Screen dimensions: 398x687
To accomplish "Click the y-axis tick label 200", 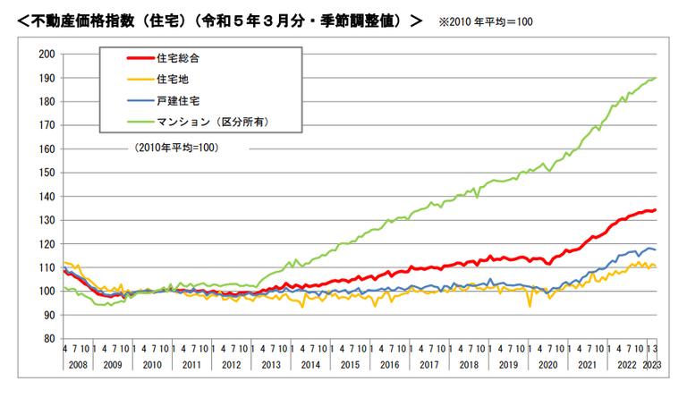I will [x=46, y=55].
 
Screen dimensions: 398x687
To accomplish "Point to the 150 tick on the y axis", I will [x=46, y=173].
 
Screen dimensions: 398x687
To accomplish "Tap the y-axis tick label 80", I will [x=48, y=339].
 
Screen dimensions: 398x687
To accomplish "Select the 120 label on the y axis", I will [x=46, y=244].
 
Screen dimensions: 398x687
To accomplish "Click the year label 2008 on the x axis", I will [x=78, y=366].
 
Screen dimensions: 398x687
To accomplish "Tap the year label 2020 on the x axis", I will [x=548, y=366].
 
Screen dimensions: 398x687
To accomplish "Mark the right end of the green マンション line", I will [x=656, y=78].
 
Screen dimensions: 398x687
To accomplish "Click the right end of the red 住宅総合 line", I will [x=656, y=210].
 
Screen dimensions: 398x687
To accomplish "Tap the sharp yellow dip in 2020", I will [x=530, y=307].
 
